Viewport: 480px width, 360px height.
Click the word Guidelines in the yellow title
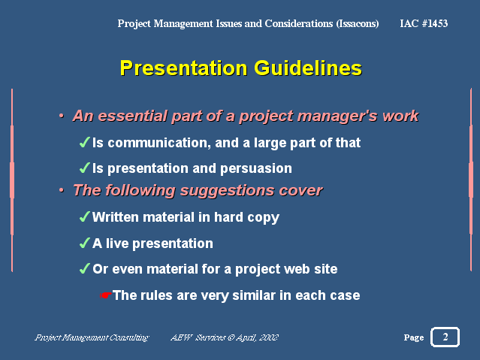pyautogui.click(x=308, y=68)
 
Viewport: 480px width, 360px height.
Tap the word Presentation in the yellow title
pyautogui.click(x=183, y=68)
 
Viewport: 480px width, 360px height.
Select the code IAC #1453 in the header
pyautogui.click(x=424, y=23)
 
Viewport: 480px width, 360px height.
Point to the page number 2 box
pyautogui.click(x=445, y=337)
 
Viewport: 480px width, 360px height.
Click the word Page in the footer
pyautogui.click(x=414, y=337)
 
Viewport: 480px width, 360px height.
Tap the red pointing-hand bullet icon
pyautogui.click(x=106, y=295)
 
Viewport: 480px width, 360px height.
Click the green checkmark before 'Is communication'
pyautogui.click(x=84, y=142)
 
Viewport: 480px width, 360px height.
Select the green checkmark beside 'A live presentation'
pyautogui.click(x=84, y=243)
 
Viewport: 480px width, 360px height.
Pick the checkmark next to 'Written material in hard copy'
pyautogui.click(x=84, y=216)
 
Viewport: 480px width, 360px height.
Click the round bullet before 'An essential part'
pyautogui.click(x=62, y=116)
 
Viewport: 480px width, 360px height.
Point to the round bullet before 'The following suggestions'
pyautogui.click(x=62, y=190)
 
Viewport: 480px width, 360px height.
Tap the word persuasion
pyautogui.click(x=256, y=168)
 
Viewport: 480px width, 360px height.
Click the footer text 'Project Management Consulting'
pyautogui.click(x=92, y=337)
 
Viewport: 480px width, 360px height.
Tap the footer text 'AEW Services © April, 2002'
pyautogui.click(x=225, y=337)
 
